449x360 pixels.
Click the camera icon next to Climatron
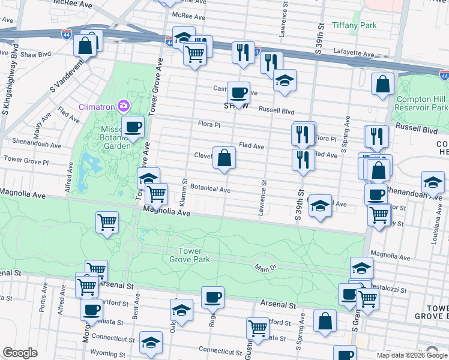click(123, 107)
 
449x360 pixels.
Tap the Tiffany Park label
click(355, 26)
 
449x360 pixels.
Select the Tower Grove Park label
click(194, 255)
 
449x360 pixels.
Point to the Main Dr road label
click(264, 268)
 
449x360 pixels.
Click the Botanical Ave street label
click(210, 189)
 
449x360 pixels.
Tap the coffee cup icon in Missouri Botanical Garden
click(133, 127)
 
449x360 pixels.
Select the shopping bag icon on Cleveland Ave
click(224, 158)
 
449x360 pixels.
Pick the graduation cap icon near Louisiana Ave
click(433, 182)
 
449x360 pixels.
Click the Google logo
click(20, 353)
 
